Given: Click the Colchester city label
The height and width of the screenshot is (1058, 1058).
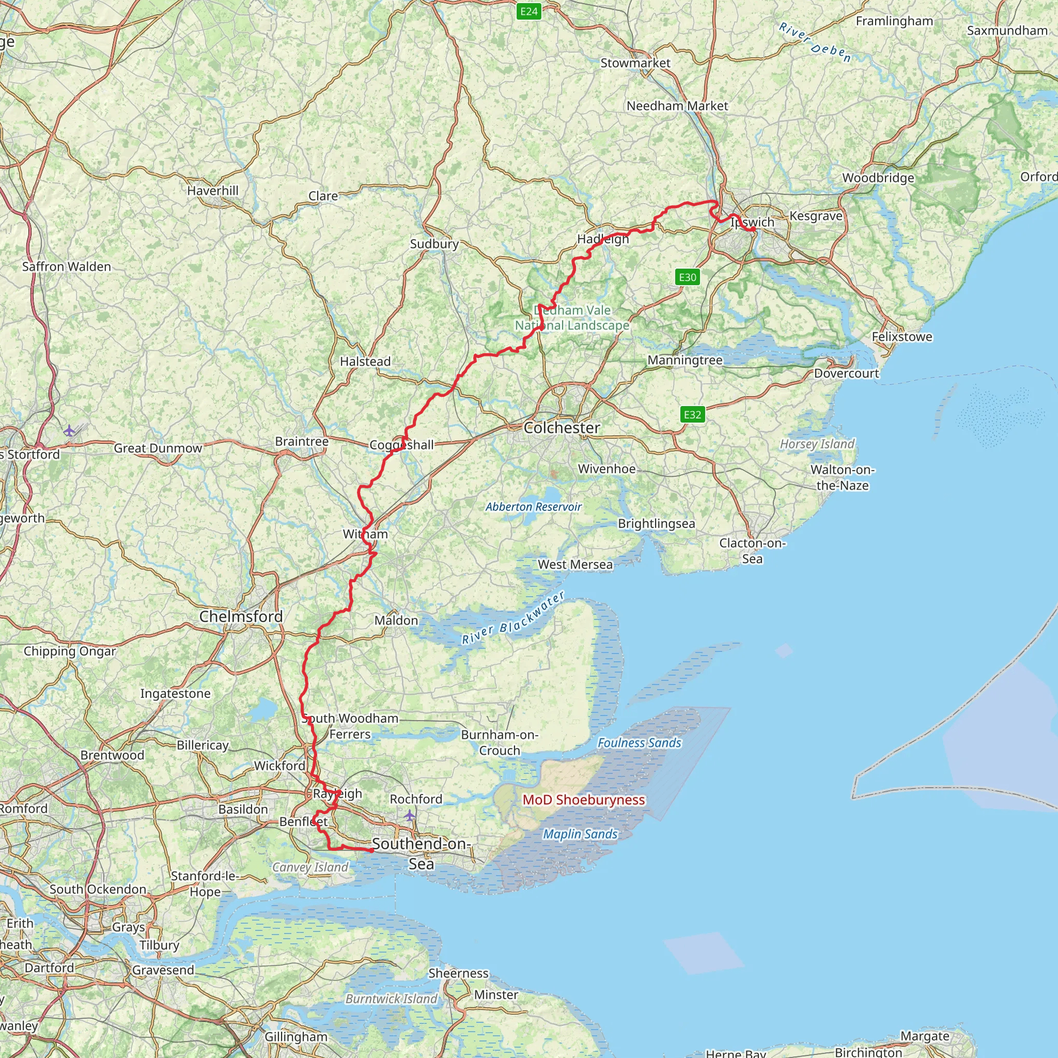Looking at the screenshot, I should tap(562, 428).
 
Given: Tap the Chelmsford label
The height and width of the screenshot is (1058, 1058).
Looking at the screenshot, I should tap(241, 617).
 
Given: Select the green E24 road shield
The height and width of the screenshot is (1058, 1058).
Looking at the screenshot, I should tap(528, 11).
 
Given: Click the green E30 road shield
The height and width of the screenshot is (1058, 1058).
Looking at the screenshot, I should tap(687, 277).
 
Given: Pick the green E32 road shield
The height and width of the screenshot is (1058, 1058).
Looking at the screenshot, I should tap(692, 414).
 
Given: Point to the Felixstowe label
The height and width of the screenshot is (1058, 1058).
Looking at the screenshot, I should tap(901, 337).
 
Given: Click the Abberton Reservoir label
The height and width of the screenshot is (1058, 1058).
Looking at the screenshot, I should tap(533, 507).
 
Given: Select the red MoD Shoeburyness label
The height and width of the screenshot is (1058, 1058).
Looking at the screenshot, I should tap(584, 800).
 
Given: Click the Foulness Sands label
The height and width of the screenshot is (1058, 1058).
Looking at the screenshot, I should tap(639, 743).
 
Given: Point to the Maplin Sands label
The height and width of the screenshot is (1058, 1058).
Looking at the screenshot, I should tap(580, 834).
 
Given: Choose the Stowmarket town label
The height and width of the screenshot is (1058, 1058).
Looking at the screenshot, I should tap(635, 63).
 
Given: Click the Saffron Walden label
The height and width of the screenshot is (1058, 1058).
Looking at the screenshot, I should tap(67, 267).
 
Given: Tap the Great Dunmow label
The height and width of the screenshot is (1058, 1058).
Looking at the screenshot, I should tap(158, 448).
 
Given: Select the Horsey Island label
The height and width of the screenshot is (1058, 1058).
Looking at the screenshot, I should tap(817, 444).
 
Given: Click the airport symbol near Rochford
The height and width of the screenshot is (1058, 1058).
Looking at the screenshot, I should tap(410, 816).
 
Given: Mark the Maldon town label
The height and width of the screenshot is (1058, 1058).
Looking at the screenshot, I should tap(396, 620).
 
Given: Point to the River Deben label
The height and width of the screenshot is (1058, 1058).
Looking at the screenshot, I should tap(815, 43).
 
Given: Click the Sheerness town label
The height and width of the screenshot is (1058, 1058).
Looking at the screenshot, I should tap(458, 973).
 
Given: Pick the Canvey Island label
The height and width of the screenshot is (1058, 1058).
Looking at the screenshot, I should tap(310, 867).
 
